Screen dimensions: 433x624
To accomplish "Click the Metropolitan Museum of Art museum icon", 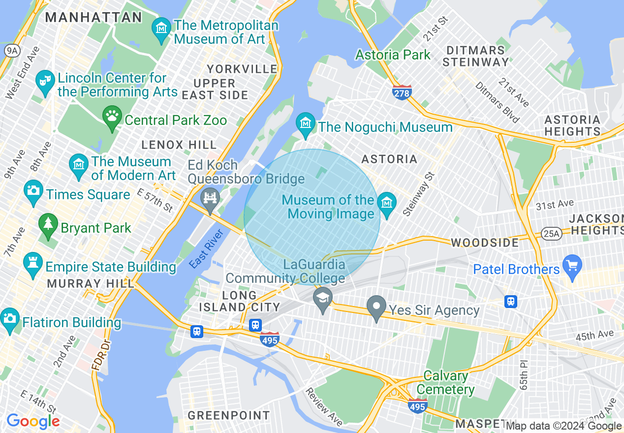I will click(161, 28).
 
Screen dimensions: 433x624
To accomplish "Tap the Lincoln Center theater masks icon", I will click(45, 80).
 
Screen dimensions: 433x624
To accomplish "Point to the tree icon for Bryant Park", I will click(48, 225).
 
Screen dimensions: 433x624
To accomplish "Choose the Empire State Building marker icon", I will click(33, 264).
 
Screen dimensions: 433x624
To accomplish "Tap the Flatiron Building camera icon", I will click(10, 319).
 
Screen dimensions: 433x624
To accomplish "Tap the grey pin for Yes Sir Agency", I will click(377, 307).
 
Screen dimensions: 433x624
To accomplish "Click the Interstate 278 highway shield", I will click(402, 92).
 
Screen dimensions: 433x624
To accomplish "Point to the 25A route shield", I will click(550, 234).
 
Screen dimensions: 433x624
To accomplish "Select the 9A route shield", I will click(11, 50).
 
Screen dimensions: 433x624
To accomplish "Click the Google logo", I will click(33, 421).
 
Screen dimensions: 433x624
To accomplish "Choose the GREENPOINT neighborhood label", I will click(229, 415).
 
